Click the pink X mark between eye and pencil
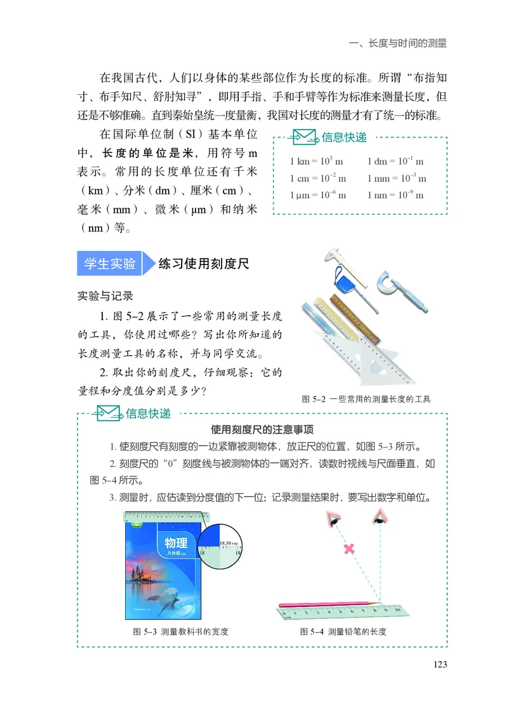coord(349,548)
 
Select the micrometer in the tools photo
coord(394,283)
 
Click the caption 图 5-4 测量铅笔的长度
coord(344,632)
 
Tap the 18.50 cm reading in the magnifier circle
coord(227,543)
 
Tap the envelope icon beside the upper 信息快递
coord(304,137)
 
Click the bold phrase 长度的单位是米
coord(130,153)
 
